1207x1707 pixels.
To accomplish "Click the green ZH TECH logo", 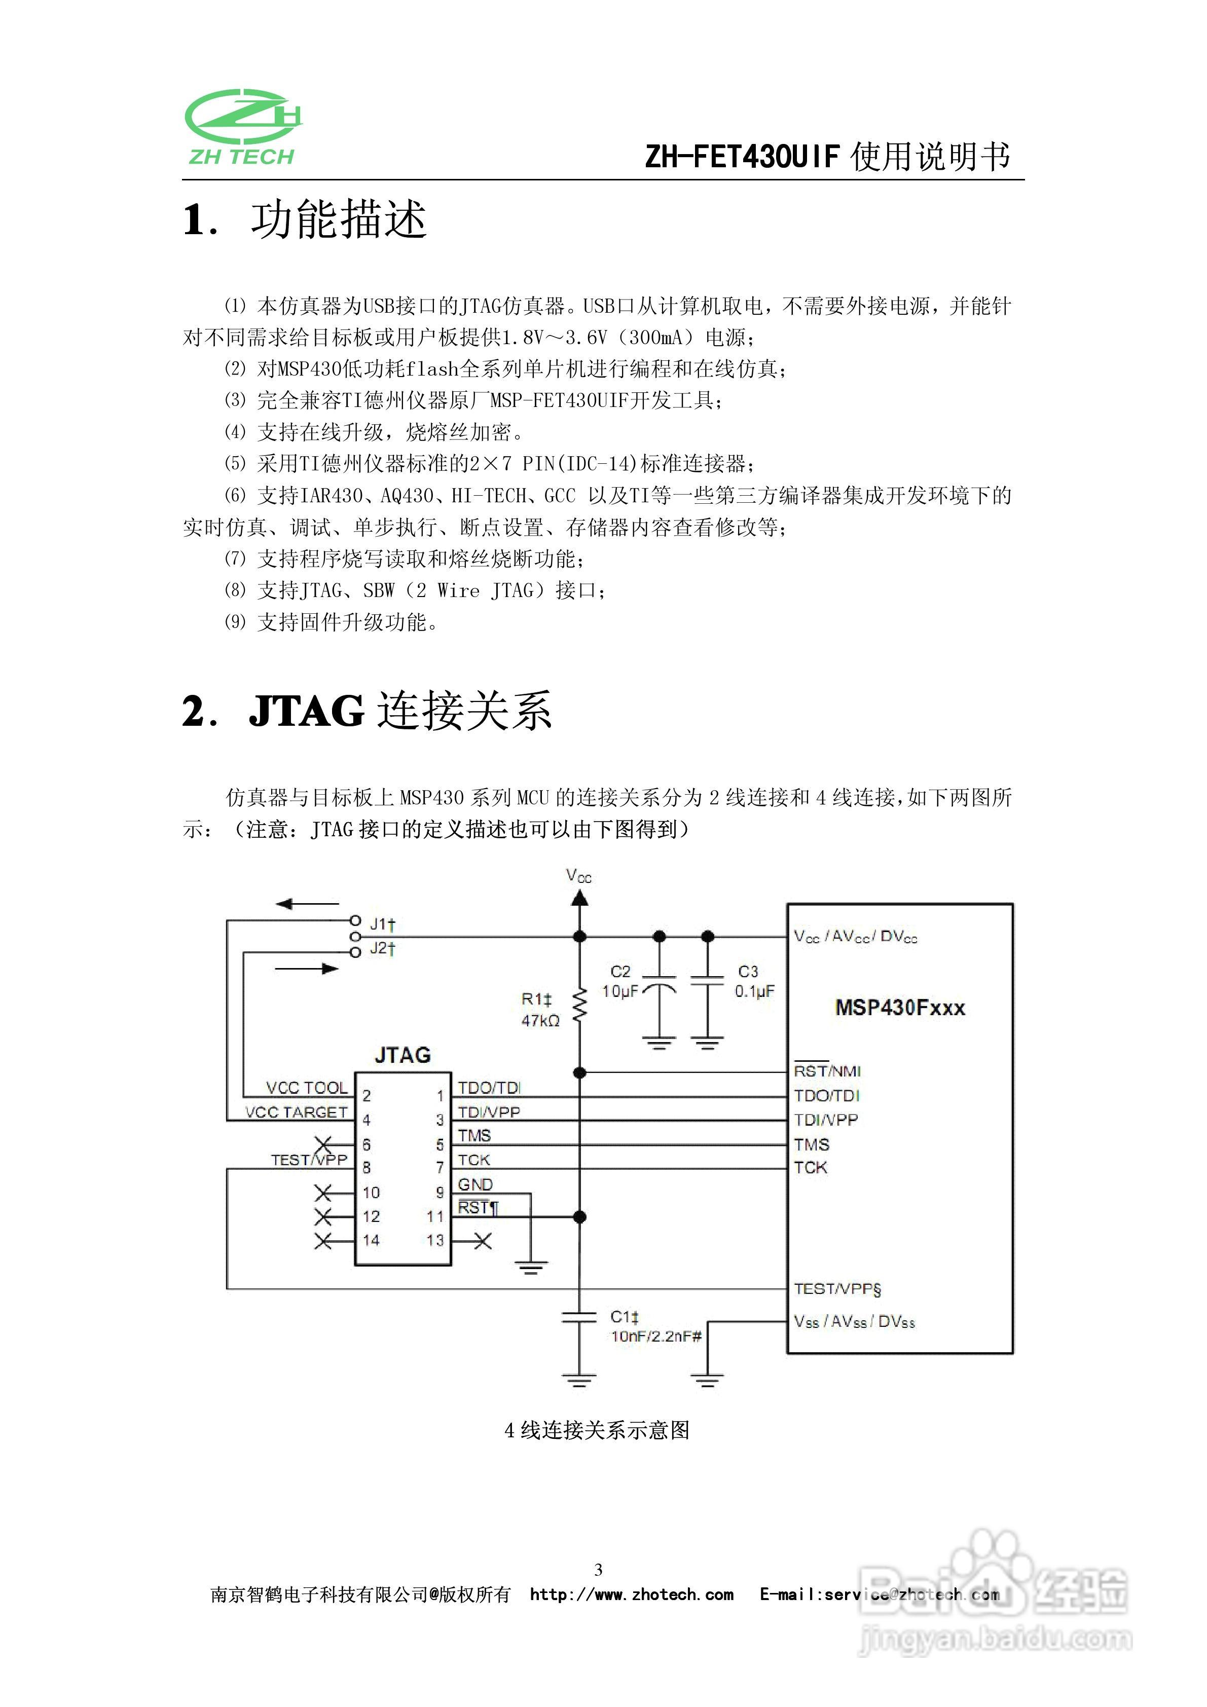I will [x=242, y=127].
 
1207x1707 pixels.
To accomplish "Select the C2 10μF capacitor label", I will [x=620, y=981].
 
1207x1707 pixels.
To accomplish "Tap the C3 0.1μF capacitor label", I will [x=753, y=981].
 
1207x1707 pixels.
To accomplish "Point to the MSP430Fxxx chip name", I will [x=900, y=1008].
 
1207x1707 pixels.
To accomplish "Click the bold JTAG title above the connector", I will [x=403, y=1055].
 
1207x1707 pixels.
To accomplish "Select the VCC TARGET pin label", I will [x=297, y=1112].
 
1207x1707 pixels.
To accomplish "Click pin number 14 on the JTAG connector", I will [x=371, y=1240].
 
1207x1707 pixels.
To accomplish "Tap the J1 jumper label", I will [x=382, y=924].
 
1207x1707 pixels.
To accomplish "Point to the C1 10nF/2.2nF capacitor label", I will [x=654, y=1326].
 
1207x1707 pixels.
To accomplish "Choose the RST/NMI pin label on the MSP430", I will [x=827, y=1071].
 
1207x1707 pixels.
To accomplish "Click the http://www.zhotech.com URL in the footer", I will [x=632, y=1594].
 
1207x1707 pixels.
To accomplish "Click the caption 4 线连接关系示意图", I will [x=597, y=1430].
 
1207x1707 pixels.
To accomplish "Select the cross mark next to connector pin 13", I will [x=483, y=1241].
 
